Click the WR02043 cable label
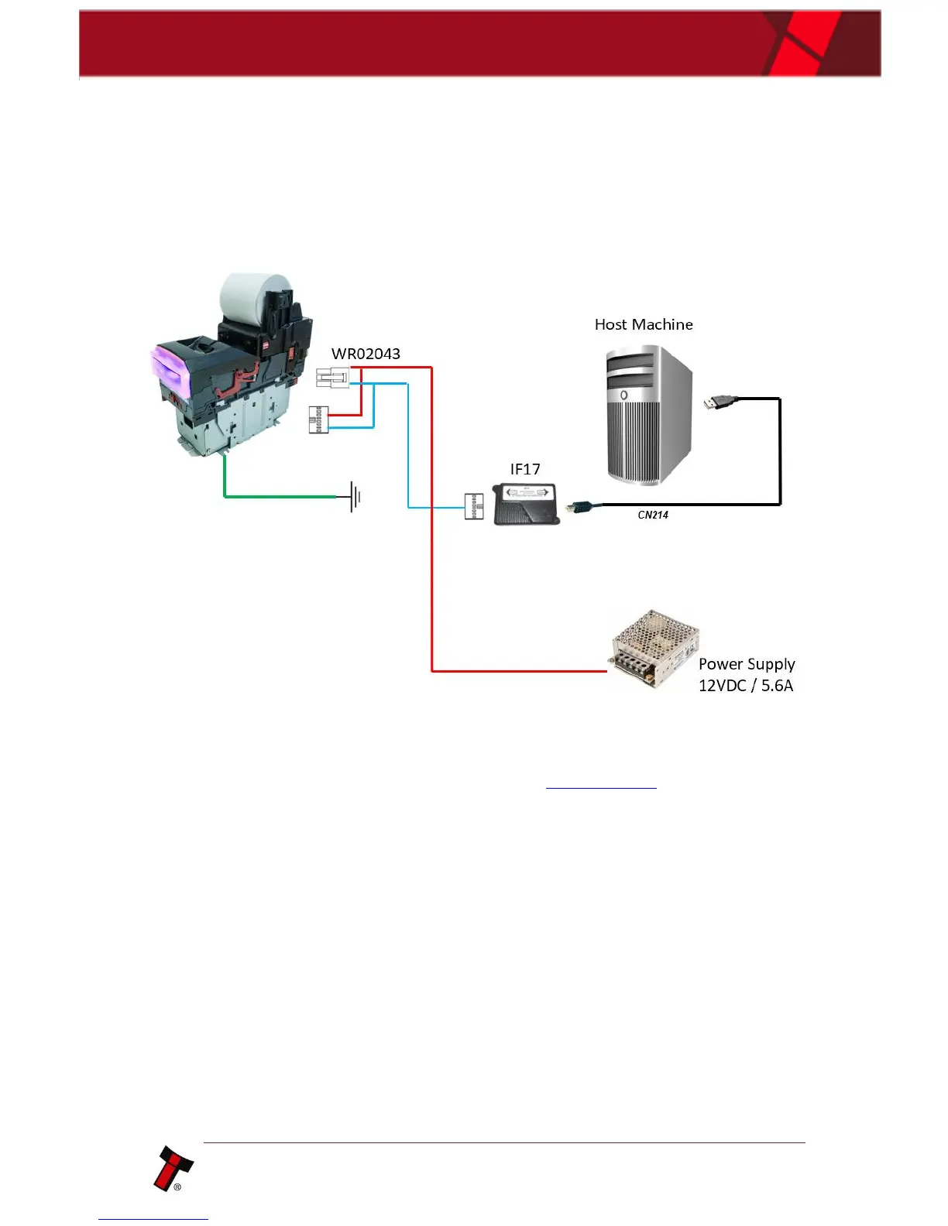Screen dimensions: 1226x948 click(x=366, y=354)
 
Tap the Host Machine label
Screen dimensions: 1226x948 click(x=643, y=324)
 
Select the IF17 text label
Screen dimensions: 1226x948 click(x=525, y=469)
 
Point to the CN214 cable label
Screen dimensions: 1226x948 click(x=653, y=515)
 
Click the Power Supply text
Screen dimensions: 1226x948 click(x=747, y=664)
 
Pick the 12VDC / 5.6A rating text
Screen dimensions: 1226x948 click(x=746, y=686)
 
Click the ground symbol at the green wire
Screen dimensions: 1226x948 click(x=355, y=497)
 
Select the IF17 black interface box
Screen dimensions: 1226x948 click(x=527, y=504)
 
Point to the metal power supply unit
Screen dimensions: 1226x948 click(x=653, y=648)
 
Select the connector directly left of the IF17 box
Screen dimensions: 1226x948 click(x=474, y=506)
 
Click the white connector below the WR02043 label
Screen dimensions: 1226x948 click(x=333, y=378)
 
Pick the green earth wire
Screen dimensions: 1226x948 click(x=279, y=495)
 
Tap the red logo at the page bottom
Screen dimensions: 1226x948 click(x=173, y=1168)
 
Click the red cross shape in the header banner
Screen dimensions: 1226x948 click(x=805, y=43)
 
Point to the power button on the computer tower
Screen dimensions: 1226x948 click(x=623, y=396)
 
